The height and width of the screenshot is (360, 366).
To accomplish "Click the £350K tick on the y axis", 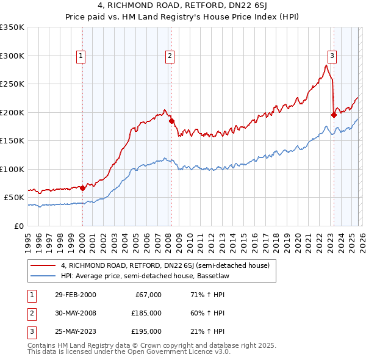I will pos(12,27).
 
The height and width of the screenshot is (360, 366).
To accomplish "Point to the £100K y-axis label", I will pos(12,169).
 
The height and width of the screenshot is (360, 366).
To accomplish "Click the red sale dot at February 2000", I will pos(82,188).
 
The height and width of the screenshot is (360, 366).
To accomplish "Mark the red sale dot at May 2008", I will pos(171,121).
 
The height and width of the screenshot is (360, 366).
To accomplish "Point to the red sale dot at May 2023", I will pos(334,115).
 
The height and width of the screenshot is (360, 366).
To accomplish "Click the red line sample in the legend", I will pos(44,265).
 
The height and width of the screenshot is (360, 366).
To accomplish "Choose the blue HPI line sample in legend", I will pos(44,275).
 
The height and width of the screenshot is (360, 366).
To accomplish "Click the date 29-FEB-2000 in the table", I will pos(74,295).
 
